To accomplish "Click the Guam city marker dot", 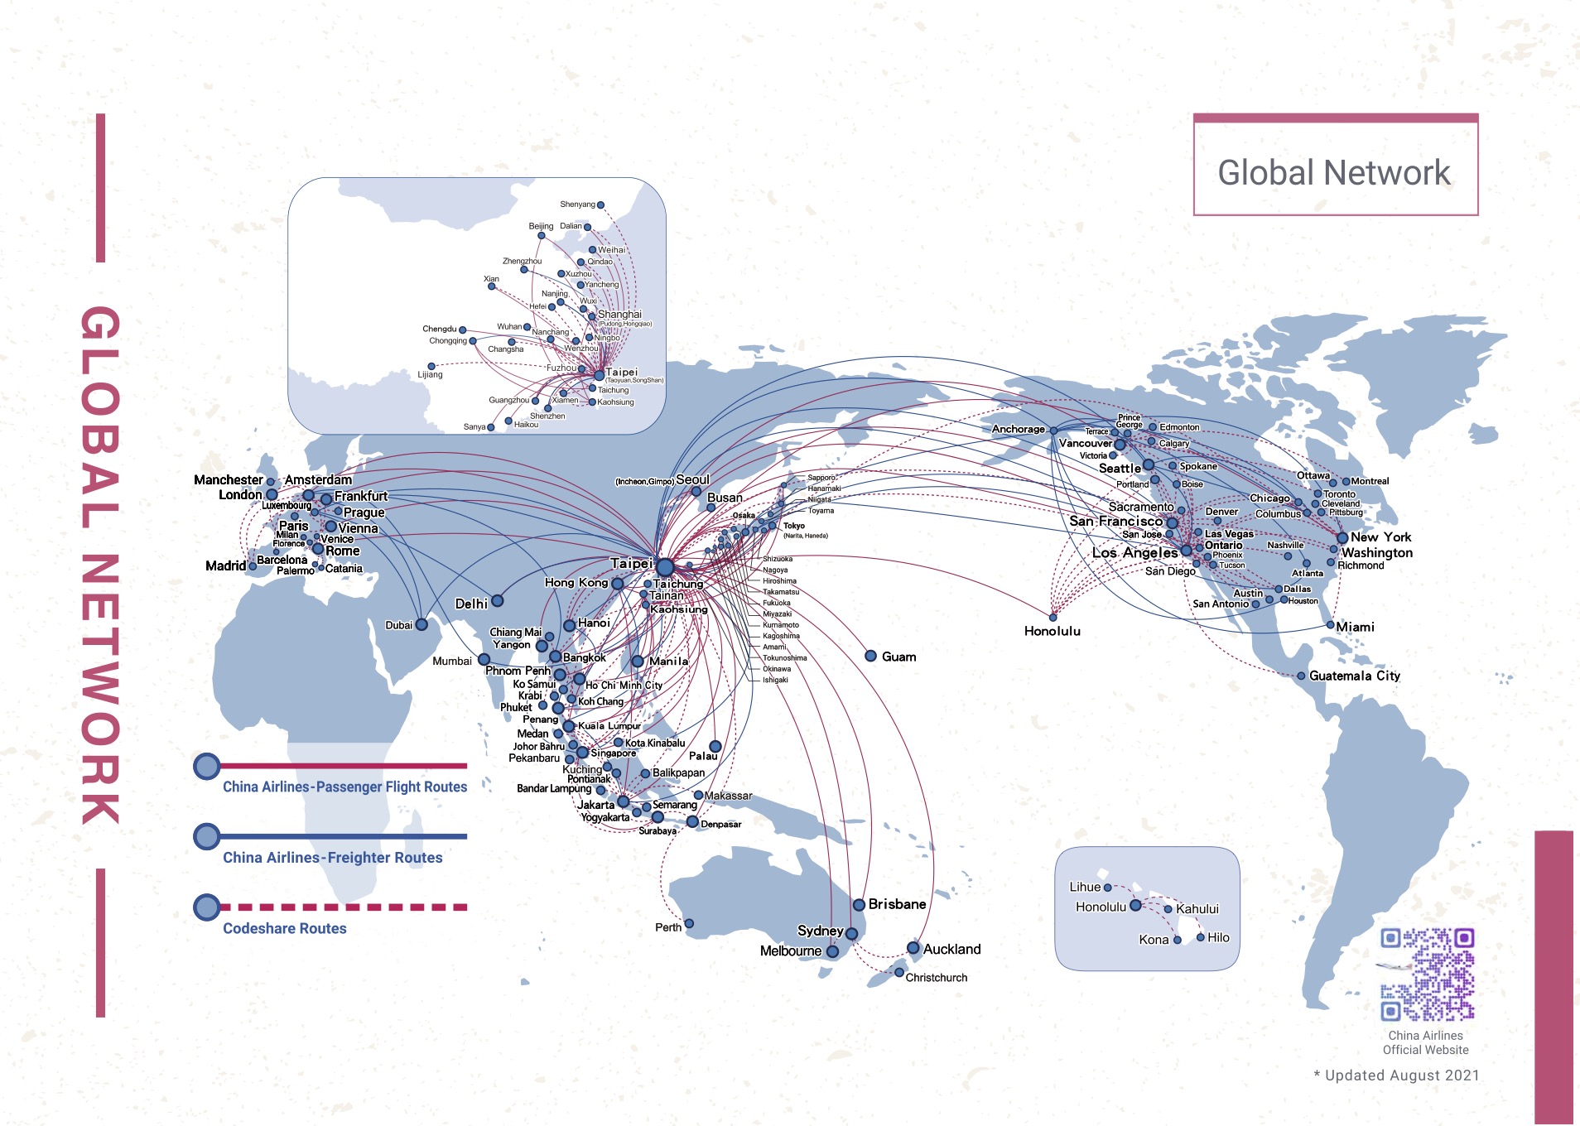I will point(870,656).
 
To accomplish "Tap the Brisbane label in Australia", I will point(897,904).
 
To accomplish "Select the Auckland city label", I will point(951,949).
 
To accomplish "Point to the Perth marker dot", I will point(689,923).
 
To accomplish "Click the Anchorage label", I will point(1018,429).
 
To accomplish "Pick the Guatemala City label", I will point(1355,676).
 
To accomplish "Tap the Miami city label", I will point(1355,627).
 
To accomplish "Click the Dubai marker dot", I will point(421,624).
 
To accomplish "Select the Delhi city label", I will point(471,604).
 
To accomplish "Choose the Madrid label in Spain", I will point(225,565).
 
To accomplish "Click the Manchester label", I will point(228,479).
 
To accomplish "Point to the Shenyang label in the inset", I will point(577,205).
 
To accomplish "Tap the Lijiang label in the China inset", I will point(430,374).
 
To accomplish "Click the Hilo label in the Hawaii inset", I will point(1218,937).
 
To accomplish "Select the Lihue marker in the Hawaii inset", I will point(1107,888).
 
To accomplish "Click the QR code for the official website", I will point(1427,974).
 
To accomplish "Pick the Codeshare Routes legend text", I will point(284,928).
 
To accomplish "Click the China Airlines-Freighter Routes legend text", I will point(332,858).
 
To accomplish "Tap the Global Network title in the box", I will point(1334,172).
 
